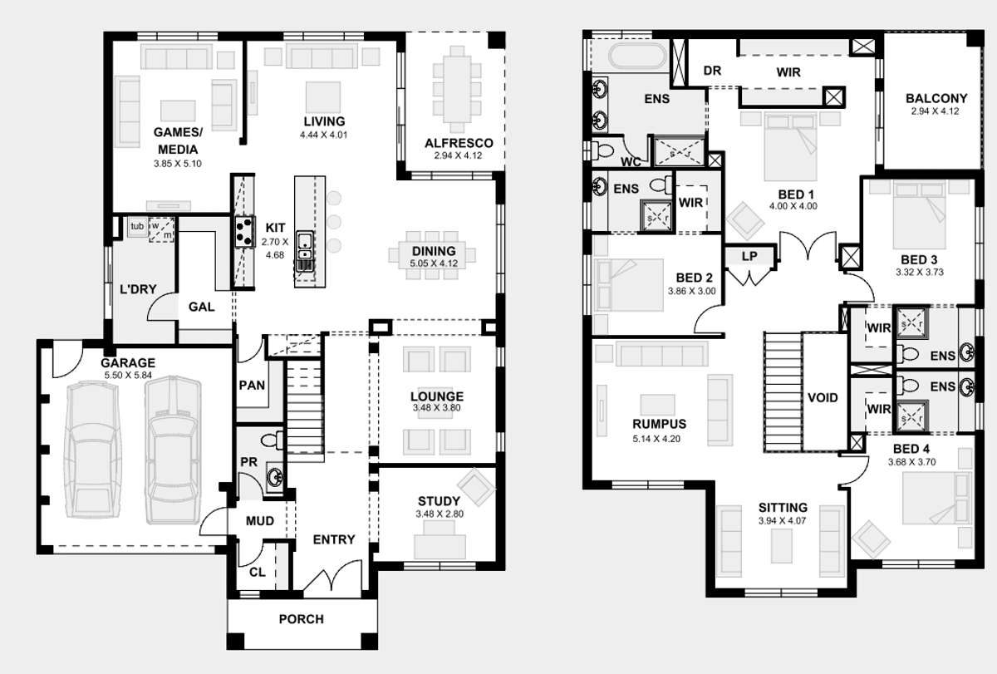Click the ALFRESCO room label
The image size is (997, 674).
459,143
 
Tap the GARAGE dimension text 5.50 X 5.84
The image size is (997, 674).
128,376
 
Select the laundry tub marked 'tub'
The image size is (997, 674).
138,226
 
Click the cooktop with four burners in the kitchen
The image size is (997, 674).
245,232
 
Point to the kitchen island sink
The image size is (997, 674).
305,246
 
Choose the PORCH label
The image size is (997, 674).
302,619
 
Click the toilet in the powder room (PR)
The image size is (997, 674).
272,440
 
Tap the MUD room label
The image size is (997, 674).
260,521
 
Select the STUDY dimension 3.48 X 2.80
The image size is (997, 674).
440,514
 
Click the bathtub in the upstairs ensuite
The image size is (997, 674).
638,57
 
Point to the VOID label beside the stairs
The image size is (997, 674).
823,397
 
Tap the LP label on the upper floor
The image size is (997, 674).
749,256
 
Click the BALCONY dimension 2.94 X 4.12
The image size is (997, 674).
936,111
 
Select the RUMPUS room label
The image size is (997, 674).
659,424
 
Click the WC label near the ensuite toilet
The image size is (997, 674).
631,162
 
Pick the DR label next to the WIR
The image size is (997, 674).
712,71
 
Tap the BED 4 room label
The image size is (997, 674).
911,449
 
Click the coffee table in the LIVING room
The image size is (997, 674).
323,96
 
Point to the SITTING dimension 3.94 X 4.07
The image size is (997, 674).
783,521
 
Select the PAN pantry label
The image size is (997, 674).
252,385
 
